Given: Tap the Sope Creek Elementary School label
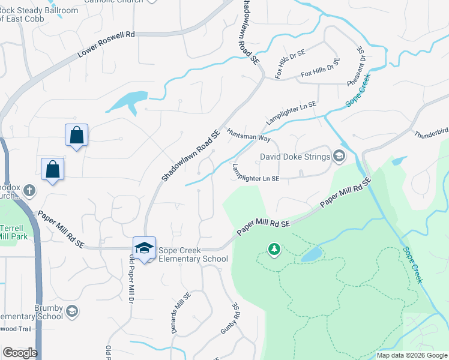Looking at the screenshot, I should [x=193, y=254].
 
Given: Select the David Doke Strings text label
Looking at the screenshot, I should [x=295, y=157].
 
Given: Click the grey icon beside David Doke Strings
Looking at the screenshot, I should [x=339, y=157].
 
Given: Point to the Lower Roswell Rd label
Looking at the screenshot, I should [x=106, y=46].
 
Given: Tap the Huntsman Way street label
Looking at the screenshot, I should [x=249, y=134].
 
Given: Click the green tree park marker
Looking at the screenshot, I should [x=274, y=248].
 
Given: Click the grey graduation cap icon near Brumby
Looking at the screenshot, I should [x=72, y=311].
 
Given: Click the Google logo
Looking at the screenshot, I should [x=19, y=353].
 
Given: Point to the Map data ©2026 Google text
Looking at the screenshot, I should [x=411, y=355].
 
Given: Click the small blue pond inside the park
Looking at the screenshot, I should [x=310, y=255].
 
